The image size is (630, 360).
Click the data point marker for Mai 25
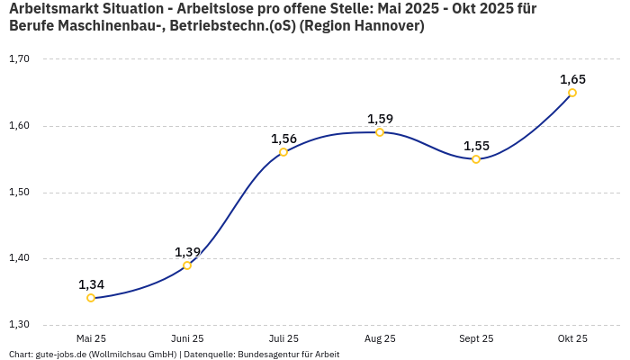pos(91,298)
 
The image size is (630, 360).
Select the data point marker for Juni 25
pos(187,265)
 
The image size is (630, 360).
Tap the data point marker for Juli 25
pos(283,152)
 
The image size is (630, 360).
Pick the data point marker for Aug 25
pos(380,132)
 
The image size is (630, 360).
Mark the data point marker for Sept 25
pos(476,159)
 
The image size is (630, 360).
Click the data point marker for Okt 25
pos(572,93)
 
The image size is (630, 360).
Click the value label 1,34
pos(91,284)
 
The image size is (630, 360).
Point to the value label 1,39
pos(187,252)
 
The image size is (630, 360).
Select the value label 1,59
pos(380,119)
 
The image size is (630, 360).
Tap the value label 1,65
pos(572,79)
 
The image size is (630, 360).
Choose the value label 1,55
pos(476,146)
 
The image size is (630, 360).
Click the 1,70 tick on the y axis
pos(19,59)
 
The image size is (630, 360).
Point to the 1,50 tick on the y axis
pos(19,193)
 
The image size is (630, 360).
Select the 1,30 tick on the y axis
pos(19,325)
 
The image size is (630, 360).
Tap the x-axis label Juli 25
pos(283,338)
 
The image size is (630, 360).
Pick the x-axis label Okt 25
pos(572,338)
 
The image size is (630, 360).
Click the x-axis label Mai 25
pos(91,338)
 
